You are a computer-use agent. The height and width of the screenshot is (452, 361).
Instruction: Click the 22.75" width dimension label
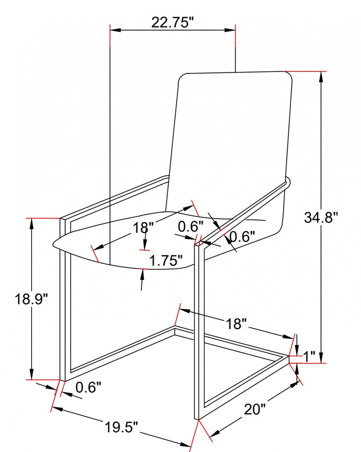172,22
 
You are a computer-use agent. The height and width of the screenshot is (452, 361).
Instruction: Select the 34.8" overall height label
321,217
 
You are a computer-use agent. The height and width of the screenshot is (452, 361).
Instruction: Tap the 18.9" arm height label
31,299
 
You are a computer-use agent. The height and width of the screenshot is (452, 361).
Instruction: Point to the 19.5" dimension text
121,427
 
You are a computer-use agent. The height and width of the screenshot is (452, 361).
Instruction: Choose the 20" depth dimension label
255,409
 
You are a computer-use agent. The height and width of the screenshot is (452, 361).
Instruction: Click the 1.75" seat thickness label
166,261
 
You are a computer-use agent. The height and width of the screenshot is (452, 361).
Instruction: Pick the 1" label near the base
309,356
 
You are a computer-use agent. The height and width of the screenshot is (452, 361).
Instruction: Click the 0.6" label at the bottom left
88,388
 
